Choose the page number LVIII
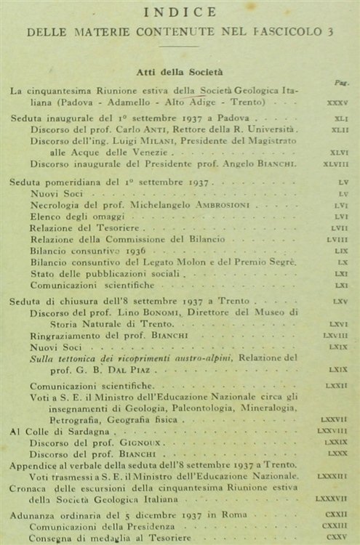[x=337, y=239]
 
